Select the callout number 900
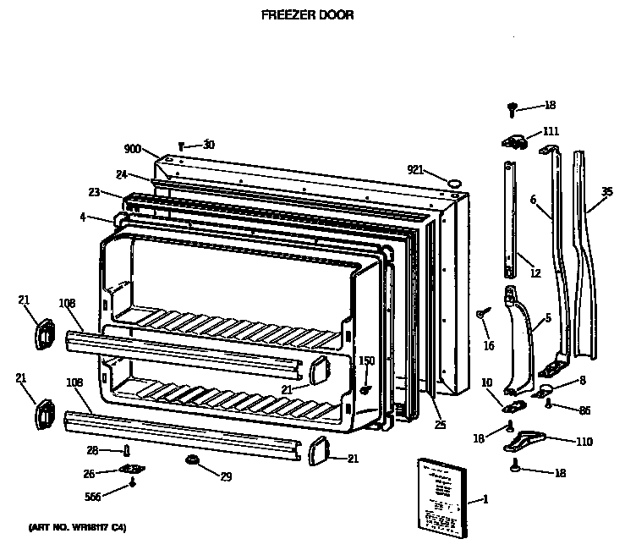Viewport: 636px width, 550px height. [x=132, y=149]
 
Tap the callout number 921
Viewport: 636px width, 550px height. [x=414, y=170]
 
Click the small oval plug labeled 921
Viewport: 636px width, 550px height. [x=454, y=181]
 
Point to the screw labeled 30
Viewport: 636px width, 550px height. [x=181, y=146]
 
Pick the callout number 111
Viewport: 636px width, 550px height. [x=551, y=131]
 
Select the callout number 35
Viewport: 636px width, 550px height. [x=606, y=192]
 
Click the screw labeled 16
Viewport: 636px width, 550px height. [x=481, y=314]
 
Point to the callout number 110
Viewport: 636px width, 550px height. [x=584, y=441]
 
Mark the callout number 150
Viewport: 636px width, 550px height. [x=366, y=361]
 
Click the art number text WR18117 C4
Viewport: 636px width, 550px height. [x=77, y=528]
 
